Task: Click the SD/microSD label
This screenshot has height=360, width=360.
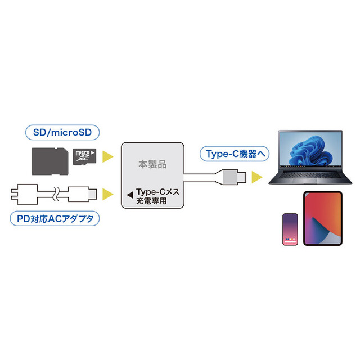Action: (x=62, y=133)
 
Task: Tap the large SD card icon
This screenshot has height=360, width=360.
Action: (x=50, y=161)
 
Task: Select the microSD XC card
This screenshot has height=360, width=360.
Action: (x=84, y=156)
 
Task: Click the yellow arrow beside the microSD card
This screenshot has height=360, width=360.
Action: (x=107, y=156)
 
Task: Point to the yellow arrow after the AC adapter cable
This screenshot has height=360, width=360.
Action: (x=107, y=194)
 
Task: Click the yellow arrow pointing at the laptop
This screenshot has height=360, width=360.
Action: (x=257, y=177)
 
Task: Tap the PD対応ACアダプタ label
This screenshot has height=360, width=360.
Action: (x=55, y=219)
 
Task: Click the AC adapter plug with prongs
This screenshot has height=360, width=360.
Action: (x=24, y=194)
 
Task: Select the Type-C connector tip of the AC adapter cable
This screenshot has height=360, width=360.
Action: (x=92, y=194)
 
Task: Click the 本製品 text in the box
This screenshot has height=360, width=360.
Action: (x=152, y=164)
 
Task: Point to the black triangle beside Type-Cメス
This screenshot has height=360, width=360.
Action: (x=130, y=195)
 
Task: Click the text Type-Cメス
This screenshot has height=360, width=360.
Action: (x=157, y=192)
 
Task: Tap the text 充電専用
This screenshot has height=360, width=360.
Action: (x=151, y=201)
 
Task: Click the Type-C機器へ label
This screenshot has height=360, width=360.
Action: (x=235, y=154)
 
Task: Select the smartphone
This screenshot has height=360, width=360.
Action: (x=290, y=229)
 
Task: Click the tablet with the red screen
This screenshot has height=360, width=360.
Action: (x=323, y=218)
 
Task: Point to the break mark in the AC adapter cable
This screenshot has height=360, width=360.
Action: (x=56, y=194)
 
